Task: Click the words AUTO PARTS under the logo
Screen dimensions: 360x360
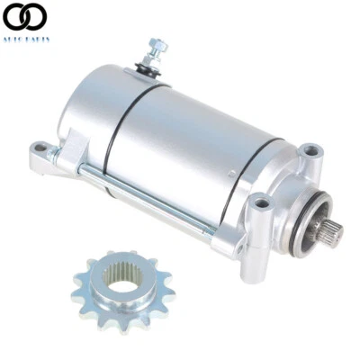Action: [x=27, y=40]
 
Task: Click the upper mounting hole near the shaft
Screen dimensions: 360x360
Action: [x=309, y=150]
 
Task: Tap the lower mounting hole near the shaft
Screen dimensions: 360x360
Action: [x=261, y=203]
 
